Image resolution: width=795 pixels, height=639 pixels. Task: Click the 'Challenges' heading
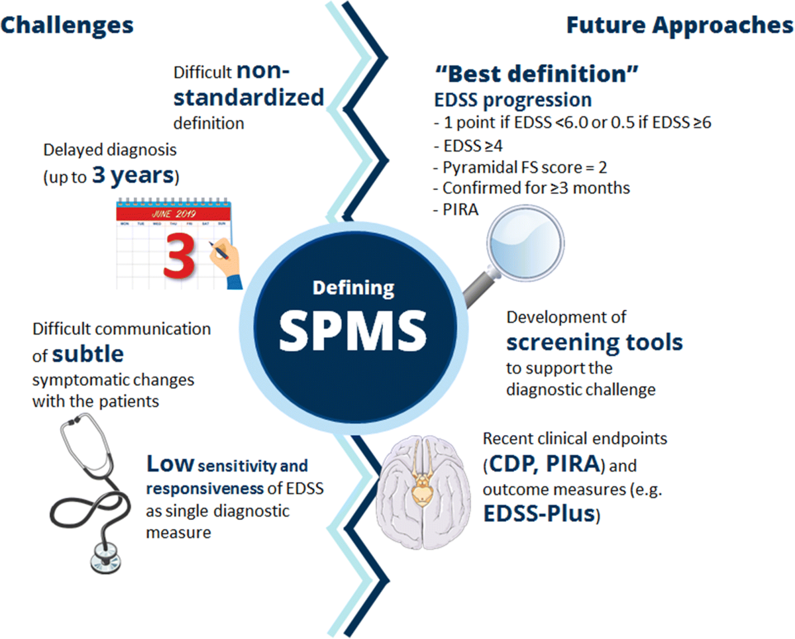67,26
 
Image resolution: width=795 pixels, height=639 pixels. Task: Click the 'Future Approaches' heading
680,26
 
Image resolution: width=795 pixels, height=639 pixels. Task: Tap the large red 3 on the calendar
179,256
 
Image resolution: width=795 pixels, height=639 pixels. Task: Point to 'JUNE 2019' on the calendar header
174,213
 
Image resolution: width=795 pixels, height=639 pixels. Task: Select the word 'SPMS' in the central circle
353,330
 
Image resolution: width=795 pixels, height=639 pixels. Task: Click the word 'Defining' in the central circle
354,289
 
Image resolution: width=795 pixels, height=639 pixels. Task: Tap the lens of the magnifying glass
525,244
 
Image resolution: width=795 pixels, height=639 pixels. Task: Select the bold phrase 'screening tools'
594,342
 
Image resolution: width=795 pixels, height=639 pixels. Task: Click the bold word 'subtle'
88,354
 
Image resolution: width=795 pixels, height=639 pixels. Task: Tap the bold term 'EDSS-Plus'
540,513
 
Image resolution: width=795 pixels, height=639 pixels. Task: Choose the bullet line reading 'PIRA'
456,210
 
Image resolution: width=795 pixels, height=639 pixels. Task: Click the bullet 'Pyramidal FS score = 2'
520,168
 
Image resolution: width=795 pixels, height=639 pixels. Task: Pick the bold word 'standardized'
248,97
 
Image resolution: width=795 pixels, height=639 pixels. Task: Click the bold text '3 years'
133,175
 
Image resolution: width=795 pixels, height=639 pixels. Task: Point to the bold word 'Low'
170,464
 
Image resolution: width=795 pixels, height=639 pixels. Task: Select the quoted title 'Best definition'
537,74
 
